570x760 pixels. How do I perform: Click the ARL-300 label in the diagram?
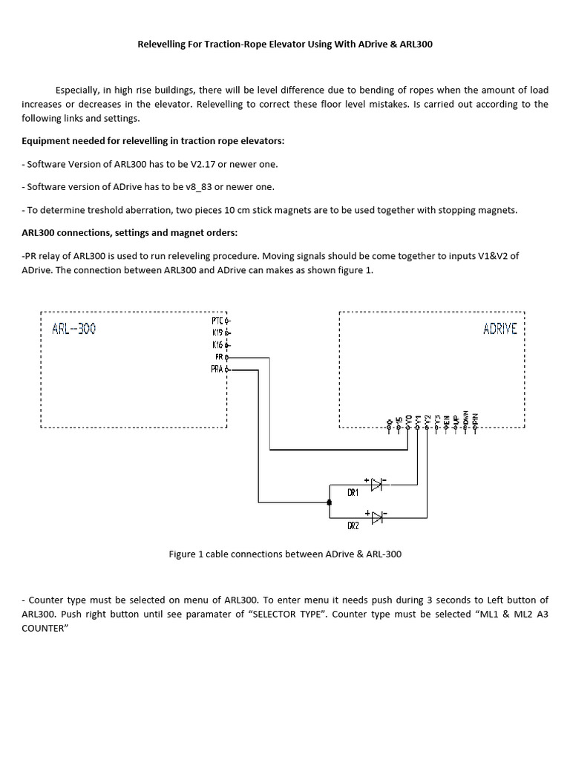(x=73, y=329)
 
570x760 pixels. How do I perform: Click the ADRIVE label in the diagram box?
(x=500, y=329)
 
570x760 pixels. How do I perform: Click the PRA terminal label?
(x=217, y=369)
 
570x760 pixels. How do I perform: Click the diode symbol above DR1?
(x=376, y=485)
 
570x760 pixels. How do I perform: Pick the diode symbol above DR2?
(x=376, y=516)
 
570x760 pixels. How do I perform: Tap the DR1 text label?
(x=353, y=493)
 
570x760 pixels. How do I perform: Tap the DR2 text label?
(x=353, y=525)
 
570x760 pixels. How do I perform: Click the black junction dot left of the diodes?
(x=330, y=502)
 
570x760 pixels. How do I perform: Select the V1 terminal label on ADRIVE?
(x=418, y=419)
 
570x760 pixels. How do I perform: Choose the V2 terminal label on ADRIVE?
(x=427, y=419)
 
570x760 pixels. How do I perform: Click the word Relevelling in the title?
(x=163, y=45)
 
